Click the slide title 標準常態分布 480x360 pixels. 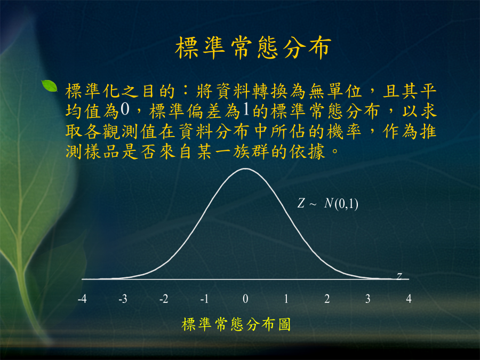pos(253,47)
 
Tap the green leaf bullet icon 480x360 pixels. pos(50,86)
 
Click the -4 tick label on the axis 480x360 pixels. pos(82,299)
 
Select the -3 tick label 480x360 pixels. pos(123,299)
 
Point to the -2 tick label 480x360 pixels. pos(164,299)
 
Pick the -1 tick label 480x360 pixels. pos(204,299)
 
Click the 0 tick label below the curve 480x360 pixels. pos(245,299)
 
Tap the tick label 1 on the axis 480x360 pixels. pos(286,299)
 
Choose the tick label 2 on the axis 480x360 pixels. pos(327,299)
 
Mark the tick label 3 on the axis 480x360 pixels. pos(368,299)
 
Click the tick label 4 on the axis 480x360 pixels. pos(409,299)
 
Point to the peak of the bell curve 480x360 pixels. pos(245,169)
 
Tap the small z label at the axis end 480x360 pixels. pos(399,276)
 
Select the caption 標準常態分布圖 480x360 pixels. pos(236,324)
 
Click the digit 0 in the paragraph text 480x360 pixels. pos(125,109)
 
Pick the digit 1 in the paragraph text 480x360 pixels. pos(245,109)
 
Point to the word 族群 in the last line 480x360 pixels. pos(251,151)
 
